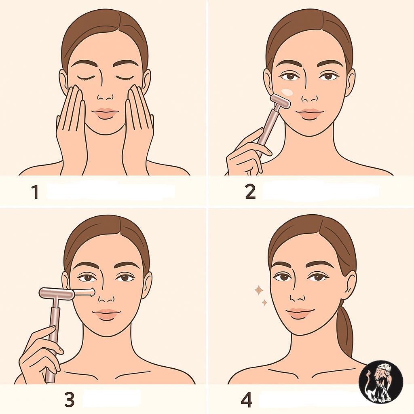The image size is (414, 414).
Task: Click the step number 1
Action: pyautogui.click(x=35, y=192)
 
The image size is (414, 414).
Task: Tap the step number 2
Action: pyautogui.click(x=250, y=192)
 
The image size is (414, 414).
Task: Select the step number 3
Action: pyautogui.click(x=70, y=399)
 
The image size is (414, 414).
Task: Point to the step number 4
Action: pyautogui.click(x=246, y=400)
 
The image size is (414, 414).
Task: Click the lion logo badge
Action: pyautogui.click(x=381, y=382)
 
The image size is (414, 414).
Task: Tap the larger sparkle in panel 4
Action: pyautogui.click(x=259, y=290)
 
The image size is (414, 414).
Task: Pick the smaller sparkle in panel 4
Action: pyautogui.click(x=264, y=302)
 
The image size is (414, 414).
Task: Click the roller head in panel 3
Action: pyautogui.click(x=56, y=294)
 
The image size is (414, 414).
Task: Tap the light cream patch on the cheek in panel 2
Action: pyautogui.click(x=287, y=92)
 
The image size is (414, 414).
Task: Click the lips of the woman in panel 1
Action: pyautogui.click(x=106, y=113)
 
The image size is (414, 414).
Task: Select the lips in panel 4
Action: pyautogui.click(x=300, y=313)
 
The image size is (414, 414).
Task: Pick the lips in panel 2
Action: pyautogui.click(x=310, y=114)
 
